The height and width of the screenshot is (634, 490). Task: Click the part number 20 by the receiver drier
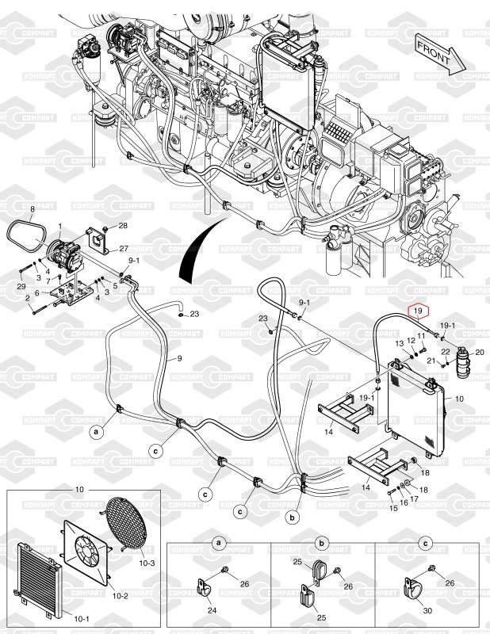478,352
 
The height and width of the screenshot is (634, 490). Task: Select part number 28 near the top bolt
123,226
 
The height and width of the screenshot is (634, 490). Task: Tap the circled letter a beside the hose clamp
97,433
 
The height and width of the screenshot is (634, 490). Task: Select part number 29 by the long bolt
21,285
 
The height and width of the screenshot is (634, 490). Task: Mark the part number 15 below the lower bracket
392,507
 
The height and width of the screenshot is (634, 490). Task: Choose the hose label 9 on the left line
179,359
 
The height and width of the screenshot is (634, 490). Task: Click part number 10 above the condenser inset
78,491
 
